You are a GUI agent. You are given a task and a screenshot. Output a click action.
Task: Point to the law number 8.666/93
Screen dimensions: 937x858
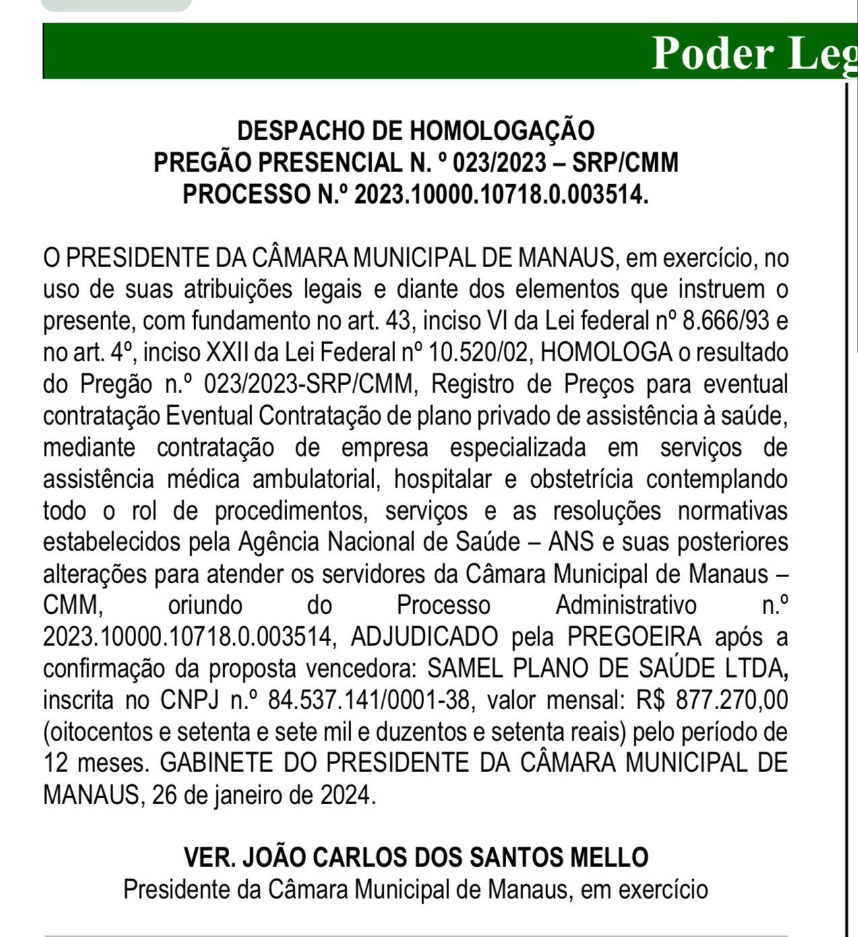726,321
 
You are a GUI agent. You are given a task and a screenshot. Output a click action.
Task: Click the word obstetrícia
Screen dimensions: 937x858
581,479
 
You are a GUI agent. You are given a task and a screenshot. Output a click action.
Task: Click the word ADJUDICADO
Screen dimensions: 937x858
424,637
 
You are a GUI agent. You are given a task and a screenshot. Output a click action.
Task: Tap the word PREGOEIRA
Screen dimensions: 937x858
634,637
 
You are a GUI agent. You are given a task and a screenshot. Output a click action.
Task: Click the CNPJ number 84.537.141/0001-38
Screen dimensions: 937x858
369,700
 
